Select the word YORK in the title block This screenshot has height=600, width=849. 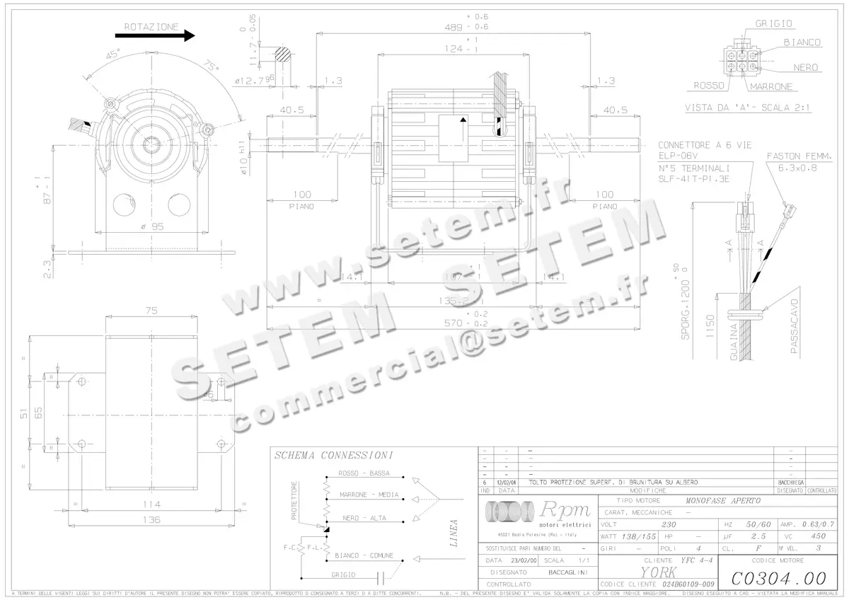[x=657, y=572]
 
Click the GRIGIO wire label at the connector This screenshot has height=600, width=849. [x=773, y=23]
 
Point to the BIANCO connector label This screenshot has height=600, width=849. [x=802, y=42]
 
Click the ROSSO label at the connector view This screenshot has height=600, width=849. [x=707, y=86]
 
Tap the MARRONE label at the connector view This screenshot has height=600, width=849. [x=770, y=87]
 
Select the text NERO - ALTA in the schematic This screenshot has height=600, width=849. [x=364, y=518]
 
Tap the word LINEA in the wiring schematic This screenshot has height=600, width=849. [x=453, y=534]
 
